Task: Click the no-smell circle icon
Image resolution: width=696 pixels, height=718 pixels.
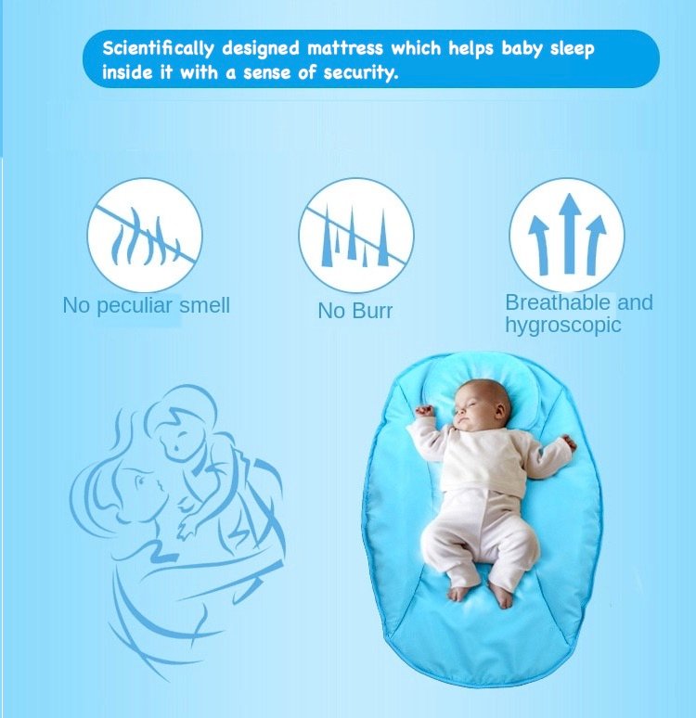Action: pyautogui.click(x=145, y=234)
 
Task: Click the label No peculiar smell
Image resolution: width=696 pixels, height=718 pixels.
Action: pyautogui.click(x=146, y=305)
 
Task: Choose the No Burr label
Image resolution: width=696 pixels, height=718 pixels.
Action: pyautogui.click(x=354, y=311)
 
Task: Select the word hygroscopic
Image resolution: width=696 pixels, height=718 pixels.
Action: pyautogui.click(x=562, y=325)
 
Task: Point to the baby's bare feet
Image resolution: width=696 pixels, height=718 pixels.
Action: pyautogui.click(x=479, y=593)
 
